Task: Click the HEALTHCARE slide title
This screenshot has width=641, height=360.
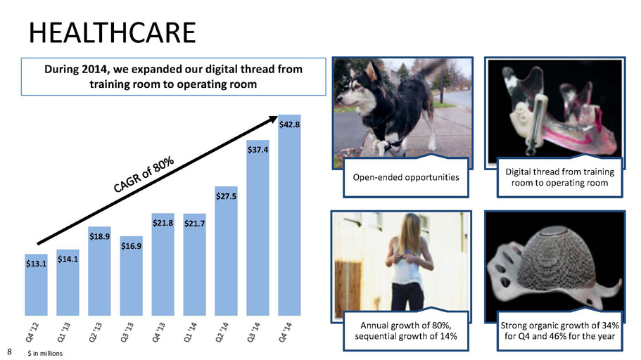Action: [113, 32]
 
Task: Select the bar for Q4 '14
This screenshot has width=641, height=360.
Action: [289, 215]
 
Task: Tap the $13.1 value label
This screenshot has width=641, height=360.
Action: [36, 264]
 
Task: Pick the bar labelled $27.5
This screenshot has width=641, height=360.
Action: [226, 251]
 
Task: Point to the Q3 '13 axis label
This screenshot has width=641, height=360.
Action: [127, 331]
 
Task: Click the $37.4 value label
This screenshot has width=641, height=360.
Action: [258, 150]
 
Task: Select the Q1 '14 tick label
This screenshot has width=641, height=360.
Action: [191, 331]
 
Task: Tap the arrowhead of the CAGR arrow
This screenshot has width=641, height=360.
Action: [273, 119]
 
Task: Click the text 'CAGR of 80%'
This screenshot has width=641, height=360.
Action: [144, 174]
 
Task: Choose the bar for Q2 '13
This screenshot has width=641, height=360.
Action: [99, 271]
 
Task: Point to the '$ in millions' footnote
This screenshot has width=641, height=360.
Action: [45, 353]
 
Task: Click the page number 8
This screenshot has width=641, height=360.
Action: [9, 352]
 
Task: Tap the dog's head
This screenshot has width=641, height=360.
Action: [356, 89]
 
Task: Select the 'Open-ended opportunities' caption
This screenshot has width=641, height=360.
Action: [406, 177]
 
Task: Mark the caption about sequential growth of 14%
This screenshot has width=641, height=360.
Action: [406, 330]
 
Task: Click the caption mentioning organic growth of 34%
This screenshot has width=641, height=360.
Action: [559, 330]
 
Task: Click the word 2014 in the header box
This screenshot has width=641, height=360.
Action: [95, 69]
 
